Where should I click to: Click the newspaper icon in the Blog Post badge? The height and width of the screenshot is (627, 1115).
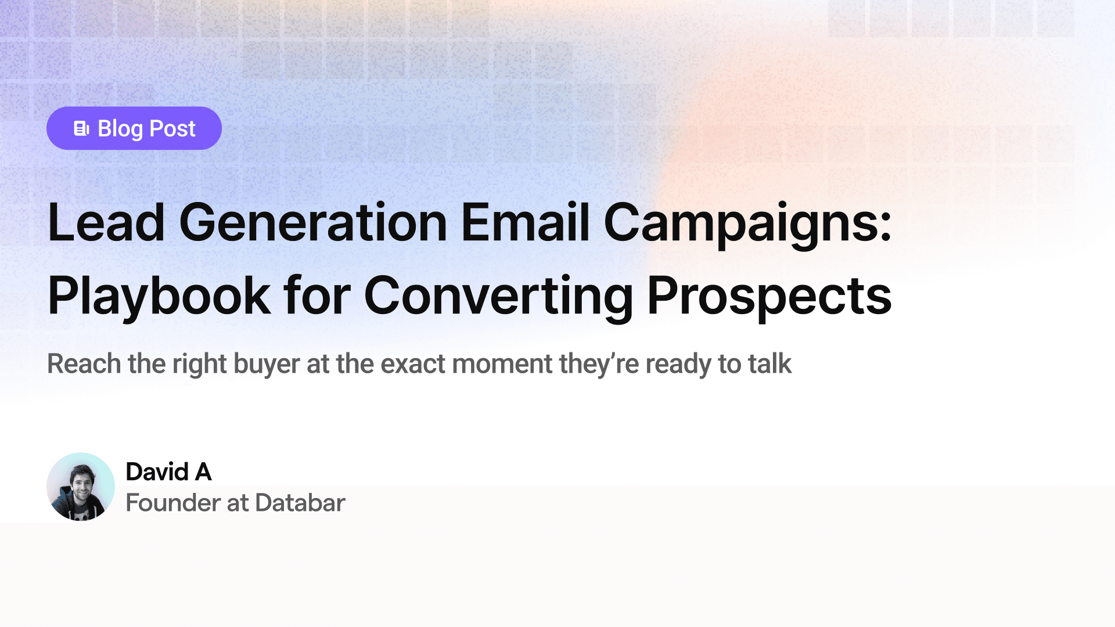pyautogui.click(x=81, y=128)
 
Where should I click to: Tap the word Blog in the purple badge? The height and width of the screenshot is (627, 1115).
pyautogui.click(x=120, y=129)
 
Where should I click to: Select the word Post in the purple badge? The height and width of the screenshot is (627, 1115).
pyautogui.click(x=172, y=128)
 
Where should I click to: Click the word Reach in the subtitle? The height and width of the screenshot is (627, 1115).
pyautogui.click(x=84, y=364)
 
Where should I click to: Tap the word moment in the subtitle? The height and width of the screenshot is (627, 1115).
pyautogui.click(x=502, y=365)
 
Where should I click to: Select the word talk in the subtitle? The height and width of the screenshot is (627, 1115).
pyautogui.click(x=769, y=364)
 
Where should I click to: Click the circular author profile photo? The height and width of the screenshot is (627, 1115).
pyautogui.click(x=81, y=487)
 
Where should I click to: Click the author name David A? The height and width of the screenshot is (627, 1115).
pyautogui.click(x=168, y=472)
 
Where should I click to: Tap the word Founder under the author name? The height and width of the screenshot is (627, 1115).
pyautogui.click(x=173, y=503)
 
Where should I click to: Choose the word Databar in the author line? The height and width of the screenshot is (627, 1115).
pyautogui.click(x=300, y=503)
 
